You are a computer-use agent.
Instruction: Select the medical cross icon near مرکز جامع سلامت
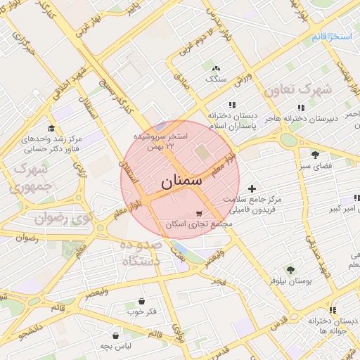[252, 188]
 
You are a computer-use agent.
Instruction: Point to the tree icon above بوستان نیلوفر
[289, 270]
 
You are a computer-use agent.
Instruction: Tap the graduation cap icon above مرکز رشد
[51, 128]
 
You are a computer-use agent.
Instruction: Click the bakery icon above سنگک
[215, 69]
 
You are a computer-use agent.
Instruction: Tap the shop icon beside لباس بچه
[115, 335]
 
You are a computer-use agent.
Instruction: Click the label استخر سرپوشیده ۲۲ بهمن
[162, 140]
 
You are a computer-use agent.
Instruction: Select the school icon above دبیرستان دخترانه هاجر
[302, 108]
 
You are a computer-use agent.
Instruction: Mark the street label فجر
[219, 281]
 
